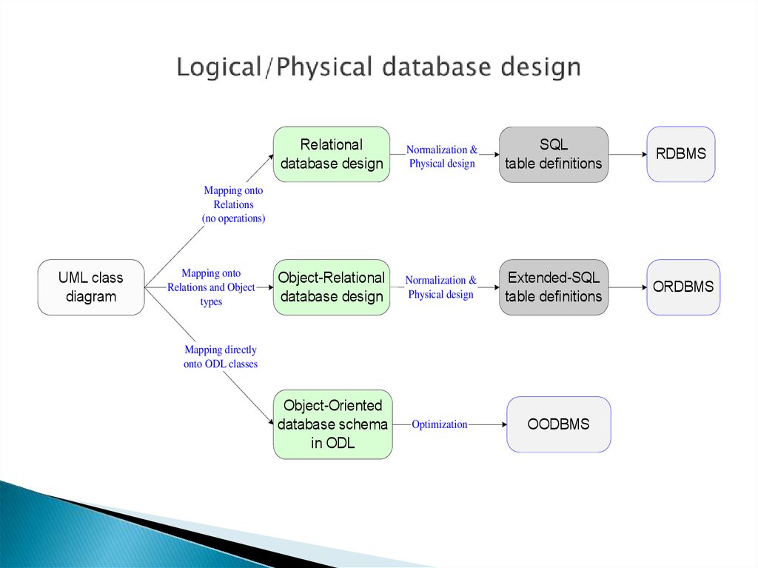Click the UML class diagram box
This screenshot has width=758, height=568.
(91, 287)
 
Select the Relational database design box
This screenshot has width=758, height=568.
(332, 154)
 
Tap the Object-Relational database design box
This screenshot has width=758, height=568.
(332, 287)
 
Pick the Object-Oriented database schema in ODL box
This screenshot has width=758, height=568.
(332, 424)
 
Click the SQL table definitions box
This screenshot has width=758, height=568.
(554, 154)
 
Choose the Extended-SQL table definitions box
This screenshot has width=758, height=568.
(554, 287)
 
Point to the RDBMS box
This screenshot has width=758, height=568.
(681, 154)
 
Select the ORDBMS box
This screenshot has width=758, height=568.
(683, 287)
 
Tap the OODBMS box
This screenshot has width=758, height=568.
(558, 424)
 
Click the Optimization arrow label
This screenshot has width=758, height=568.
(440, 424)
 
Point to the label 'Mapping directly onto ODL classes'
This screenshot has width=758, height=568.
(221, 356)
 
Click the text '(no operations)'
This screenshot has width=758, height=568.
(233, 218)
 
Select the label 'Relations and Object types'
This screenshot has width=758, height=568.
(211, 294)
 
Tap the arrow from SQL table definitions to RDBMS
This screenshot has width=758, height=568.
(628, 154)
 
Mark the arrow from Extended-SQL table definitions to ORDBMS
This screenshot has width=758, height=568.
(628, 287)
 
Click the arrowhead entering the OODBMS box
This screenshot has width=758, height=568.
(504, 424)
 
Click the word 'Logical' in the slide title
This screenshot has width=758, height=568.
(219, 67)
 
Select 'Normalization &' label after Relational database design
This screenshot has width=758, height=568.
(441, 150)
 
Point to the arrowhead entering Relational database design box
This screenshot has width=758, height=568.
(271, 157)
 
